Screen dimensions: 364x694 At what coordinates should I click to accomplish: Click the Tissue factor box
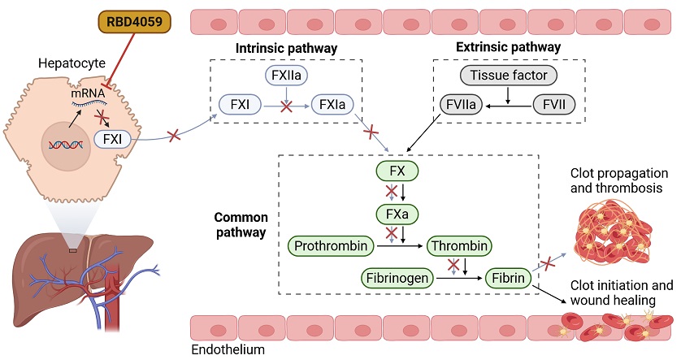tap(510, 76)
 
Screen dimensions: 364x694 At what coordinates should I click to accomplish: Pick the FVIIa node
tap(461, 104)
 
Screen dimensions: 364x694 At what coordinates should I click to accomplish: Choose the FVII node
tap(556, 104)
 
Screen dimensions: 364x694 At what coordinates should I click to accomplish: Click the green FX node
tap(396, 171)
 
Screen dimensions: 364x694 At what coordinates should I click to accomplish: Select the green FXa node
tap(396, 214)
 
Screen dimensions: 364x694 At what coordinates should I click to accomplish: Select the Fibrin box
tap(508, 278)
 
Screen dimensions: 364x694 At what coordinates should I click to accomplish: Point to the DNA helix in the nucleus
tap(67, 145)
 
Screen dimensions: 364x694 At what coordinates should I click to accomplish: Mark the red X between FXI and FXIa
tap(286, 106)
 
